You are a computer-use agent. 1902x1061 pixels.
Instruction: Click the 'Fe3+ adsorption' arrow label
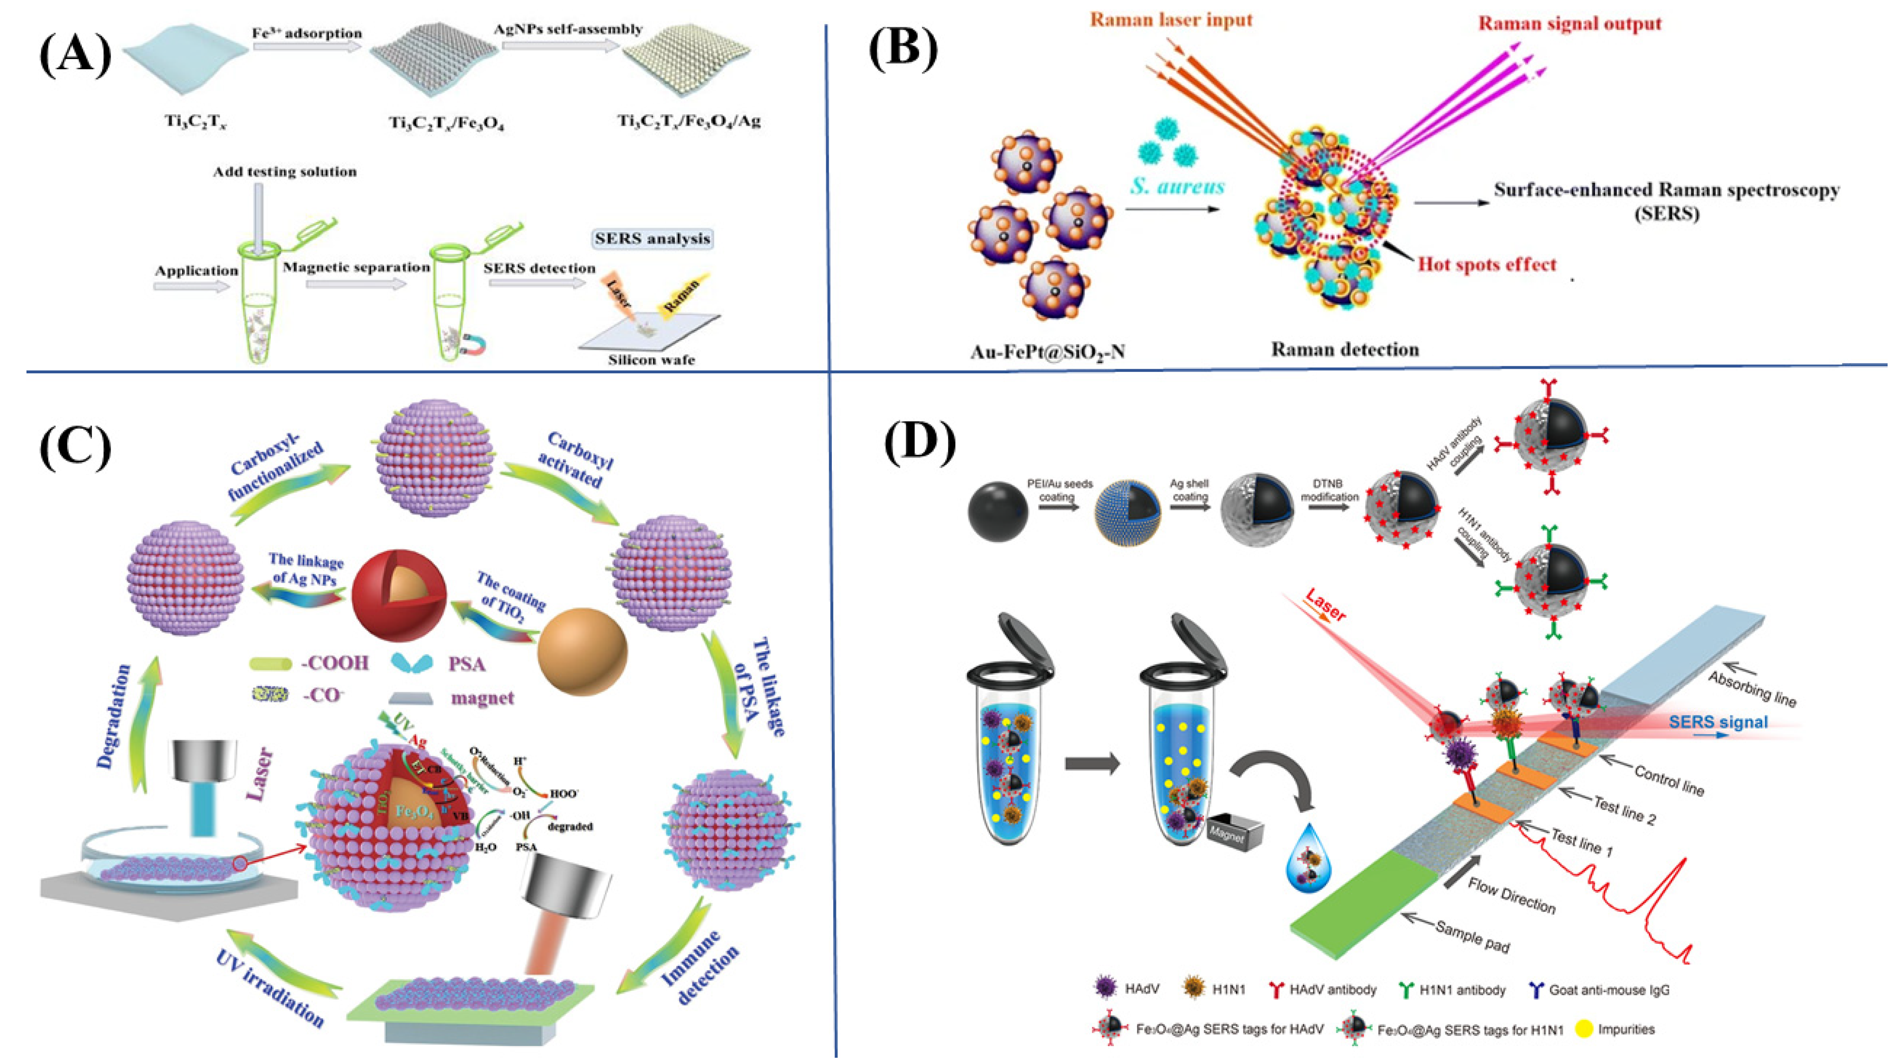[x=307, y=33]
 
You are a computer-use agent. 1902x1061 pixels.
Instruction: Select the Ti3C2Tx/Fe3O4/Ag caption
[x=689, y=120]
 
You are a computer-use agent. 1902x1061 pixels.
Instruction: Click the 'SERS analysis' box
[x=653, y=239]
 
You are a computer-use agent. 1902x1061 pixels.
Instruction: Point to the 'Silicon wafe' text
[x=651, y=360]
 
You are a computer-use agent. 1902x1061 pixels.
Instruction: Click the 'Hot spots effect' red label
[x=1486, y=265]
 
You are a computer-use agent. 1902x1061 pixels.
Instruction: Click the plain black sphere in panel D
[x=998, y=511]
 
